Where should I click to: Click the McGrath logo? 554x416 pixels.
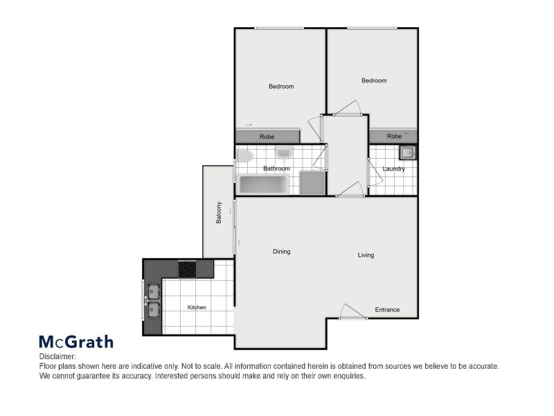75,341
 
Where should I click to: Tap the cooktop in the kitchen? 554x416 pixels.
188,269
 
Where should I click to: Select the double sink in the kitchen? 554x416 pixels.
153,301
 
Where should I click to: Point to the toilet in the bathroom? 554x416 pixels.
244,155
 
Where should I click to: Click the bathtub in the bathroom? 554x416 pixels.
262,184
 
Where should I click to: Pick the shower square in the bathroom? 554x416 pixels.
312,183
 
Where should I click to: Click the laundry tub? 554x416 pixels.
407,153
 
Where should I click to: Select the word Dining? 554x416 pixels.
281,252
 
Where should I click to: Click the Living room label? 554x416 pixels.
366,255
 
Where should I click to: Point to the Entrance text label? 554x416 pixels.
387,310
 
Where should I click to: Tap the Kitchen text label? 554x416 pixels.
197,307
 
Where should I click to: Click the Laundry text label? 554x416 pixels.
393,168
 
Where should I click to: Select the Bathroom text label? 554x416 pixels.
276,168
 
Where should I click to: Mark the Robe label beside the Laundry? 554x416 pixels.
394,137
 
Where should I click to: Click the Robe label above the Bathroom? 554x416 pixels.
267,137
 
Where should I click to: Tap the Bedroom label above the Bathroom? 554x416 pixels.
281,87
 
